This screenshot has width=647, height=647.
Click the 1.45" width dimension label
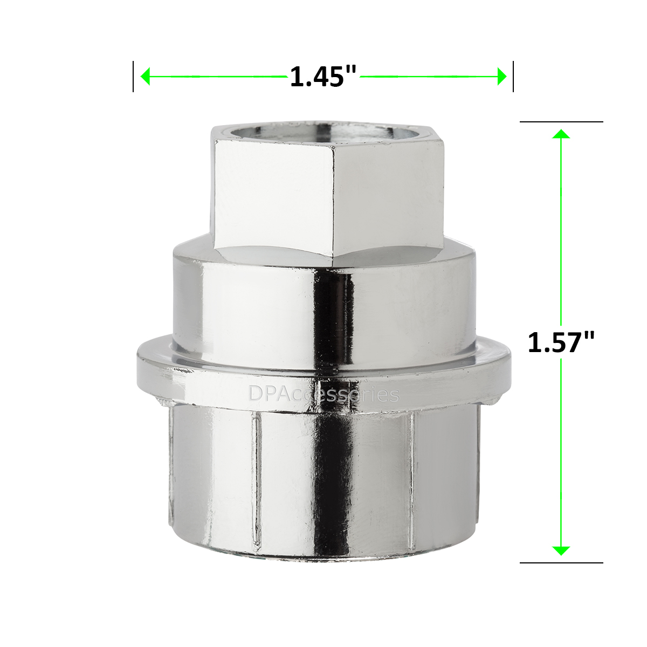click(323, 77)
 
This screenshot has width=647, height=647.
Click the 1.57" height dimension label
click(561, 342)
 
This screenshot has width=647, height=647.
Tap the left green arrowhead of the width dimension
click(144, 77)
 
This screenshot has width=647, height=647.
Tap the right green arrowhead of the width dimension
click(502, 77)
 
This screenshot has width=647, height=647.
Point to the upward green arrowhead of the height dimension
click(561, 134)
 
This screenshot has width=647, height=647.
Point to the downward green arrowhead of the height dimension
click(561, 550)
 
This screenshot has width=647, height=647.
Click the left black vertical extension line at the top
click(133, 77)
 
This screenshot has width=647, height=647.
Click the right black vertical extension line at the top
click(513, 77)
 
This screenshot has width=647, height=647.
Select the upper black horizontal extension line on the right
click(561, 122)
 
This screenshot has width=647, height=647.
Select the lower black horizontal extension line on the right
click(561, 563)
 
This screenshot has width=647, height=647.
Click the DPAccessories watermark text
click(323, 394)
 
